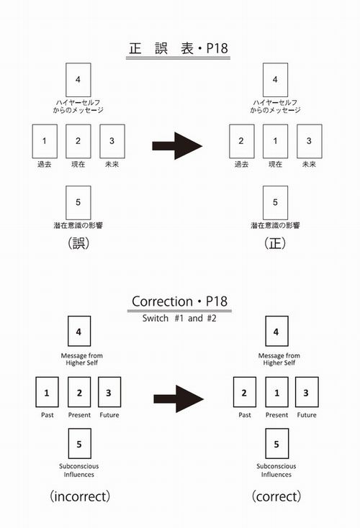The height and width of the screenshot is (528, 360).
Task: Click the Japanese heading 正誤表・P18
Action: (x=179, y=48)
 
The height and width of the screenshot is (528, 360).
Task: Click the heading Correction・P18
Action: (x=179, y=301)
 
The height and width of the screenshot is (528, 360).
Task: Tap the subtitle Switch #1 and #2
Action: (x=179, y=318)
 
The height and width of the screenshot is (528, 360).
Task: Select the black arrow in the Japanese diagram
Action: (x=177, y=146)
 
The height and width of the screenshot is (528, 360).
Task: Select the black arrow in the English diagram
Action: (x=179, y=399)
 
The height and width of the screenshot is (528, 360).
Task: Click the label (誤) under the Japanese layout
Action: (x=78, y=243)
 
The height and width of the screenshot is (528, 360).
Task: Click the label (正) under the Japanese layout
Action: (x=275, y=243)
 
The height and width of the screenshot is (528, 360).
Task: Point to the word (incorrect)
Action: (x=80, y=496)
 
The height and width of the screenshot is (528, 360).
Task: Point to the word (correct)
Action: (x=276, y=496)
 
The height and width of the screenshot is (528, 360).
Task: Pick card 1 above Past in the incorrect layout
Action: (x=47, y=392)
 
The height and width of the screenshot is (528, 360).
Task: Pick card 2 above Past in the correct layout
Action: (x=244, y=392)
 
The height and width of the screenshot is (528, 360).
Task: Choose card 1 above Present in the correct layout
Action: (x=276, y=392)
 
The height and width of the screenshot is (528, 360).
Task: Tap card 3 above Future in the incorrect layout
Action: (x=109, y=392)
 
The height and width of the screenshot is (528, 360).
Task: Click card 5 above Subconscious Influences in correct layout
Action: (x=276, y=444)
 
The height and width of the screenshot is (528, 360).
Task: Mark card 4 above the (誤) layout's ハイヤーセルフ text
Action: (x=78, y=80)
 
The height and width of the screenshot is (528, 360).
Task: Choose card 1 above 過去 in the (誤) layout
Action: (x=45, y=141)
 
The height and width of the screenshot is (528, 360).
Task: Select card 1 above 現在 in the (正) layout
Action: (x=275, y=141)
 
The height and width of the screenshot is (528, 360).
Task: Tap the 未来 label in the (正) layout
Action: (x=309, y=164)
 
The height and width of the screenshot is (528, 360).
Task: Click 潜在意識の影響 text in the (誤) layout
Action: (x=78, y=225)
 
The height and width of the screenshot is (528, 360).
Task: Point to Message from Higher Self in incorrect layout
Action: (x=82, y=359)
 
